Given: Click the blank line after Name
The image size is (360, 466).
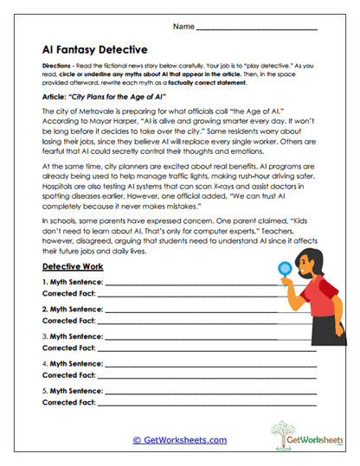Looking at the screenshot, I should (257, 28).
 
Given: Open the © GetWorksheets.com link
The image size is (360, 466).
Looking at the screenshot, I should (180, 439).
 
